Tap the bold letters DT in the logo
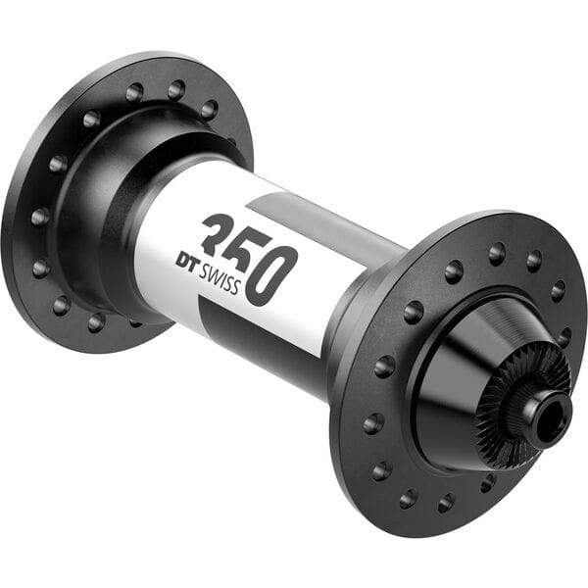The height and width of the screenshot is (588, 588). [x=187, y=261]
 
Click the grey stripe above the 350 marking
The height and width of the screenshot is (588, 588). [x=314, y=216]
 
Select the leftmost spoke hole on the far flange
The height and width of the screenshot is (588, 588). [x=40, y=216]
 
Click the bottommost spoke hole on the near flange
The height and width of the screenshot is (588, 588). [x=446, y=502]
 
